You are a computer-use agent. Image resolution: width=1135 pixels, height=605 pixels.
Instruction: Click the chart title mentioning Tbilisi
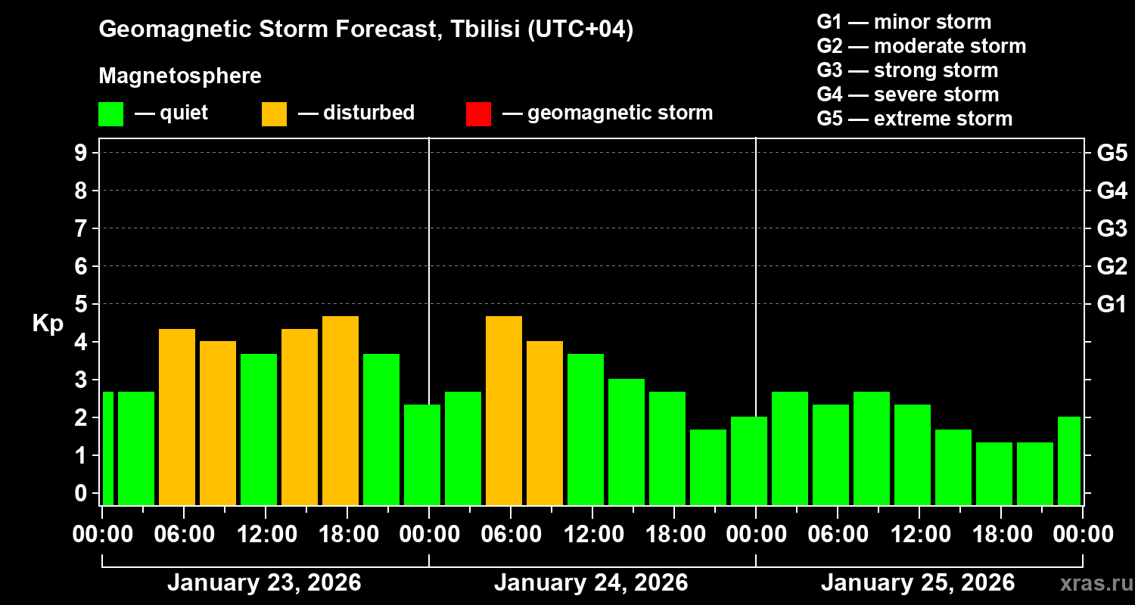(365, 30)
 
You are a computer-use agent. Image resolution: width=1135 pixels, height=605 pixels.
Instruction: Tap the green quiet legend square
(110, 114)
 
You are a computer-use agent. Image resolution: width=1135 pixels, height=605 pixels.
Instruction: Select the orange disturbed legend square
(274, 114)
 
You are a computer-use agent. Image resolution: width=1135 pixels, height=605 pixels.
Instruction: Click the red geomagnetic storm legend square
(478, 114)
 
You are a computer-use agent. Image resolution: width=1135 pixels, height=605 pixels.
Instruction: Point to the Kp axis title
(48, 324)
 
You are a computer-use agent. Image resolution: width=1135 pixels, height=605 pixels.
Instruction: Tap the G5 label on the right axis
(1112, 153)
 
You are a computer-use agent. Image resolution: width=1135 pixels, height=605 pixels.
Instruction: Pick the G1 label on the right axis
(1112, 304)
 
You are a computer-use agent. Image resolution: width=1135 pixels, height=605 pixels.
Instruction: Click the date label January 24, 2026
(591, 583)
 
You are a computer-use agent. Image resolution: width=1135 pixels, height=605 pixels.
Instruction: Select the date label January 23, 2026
(264, 583)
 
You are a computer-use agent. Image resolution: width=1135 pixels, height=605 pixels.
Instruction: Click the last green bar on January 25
(1068, 461)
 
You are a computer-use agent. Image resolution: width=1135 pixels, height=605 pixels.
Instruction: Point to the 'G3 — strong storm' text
(907, 70)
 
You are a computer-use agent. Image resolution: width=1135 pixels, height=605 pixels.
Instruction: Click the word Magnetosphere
(180, 76)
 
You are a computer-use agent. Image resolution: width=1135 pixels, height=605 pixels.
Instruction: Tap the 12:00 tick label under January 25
(919, 534)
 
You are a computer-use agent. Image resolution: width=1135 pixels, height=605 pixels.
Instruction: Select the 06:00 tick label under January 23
(183, 534)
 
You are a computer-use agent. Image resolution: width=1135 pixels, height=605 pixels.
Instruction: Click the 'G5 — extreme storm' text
(914, 119)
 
